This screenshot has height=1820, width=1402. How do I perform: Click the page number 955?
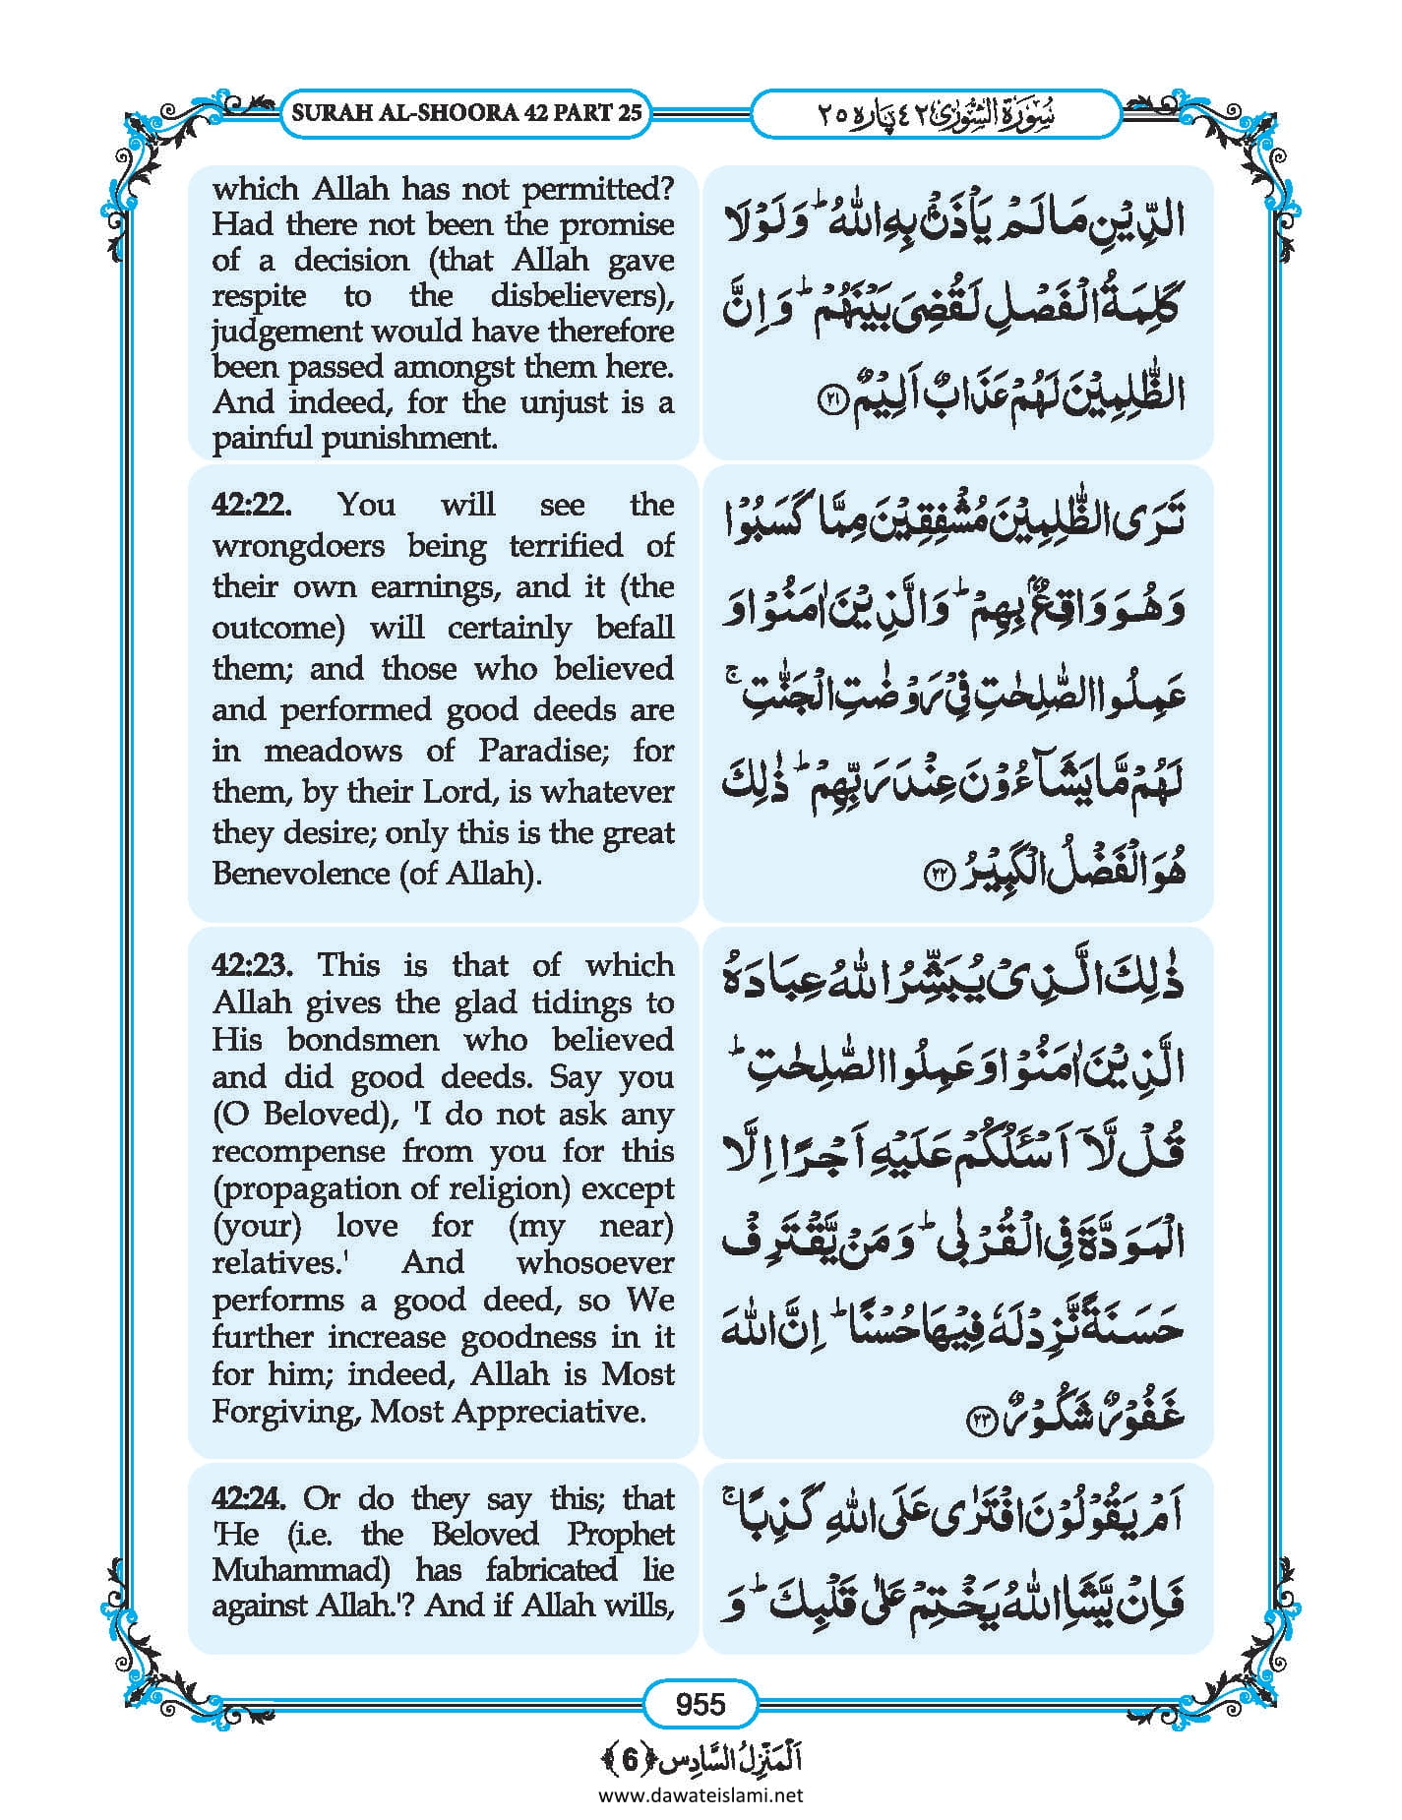[701, 1704]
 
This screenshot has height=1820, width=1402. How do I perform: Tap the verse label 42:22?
[252, 505]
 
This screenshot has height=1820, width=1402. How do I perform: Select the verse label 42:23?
[252, 964]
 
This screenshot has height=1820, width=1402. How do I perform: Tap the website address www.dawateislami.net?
[701, 1794]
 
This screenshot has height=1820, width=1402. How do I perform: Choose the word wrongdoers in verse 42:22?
[298, 545]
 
